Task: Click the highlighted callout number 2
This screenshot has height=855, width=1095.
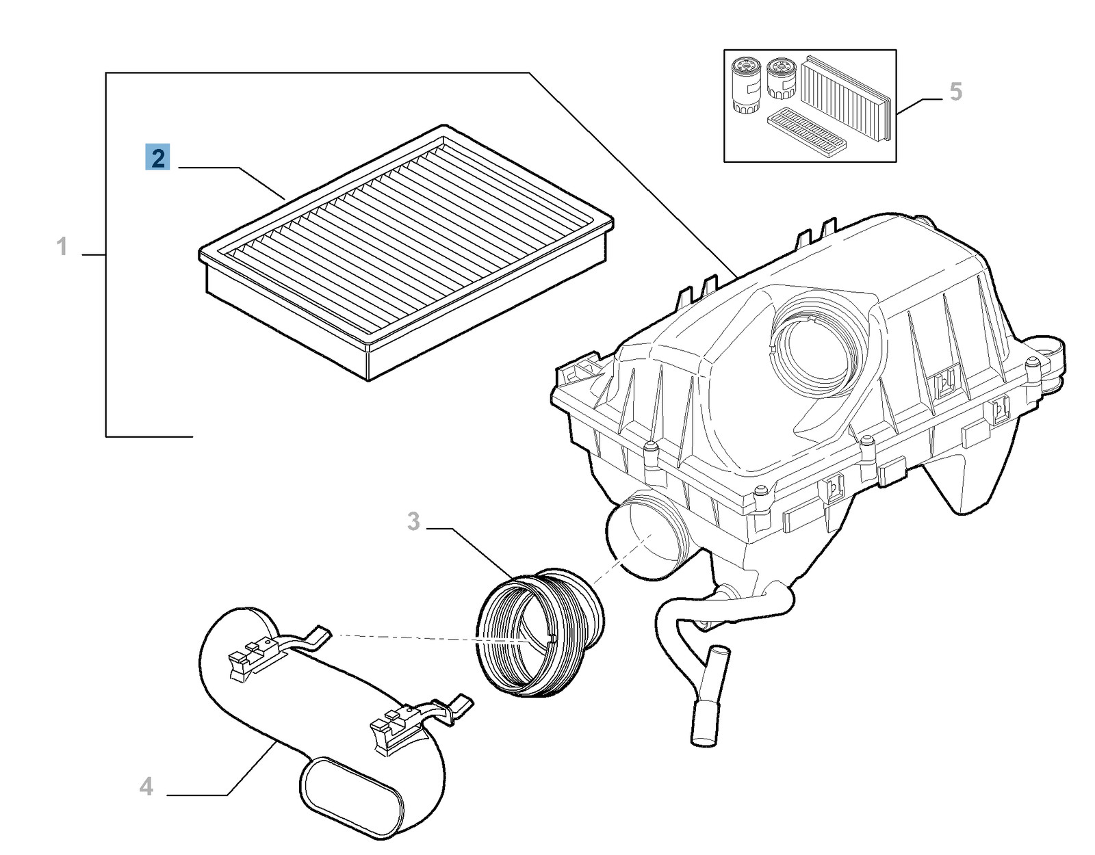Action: click(x=157, y=158)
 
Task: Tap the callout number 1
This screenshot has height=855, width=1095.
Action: click(x=62, y=246)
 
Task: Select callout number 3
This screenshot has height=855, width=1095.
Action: click(x=413, y=521)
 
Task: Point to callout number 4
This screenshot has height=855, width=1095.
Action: click(x=146, y=787)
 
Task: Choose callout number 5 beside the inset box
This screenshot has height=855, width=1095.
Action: click(x=955, y=92)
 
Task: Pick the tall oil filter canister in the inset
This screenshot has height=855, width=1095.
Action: click(x=745, y=85)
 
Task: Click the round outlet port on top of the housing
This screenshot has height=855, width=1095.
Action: click(x=814, y=349)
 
